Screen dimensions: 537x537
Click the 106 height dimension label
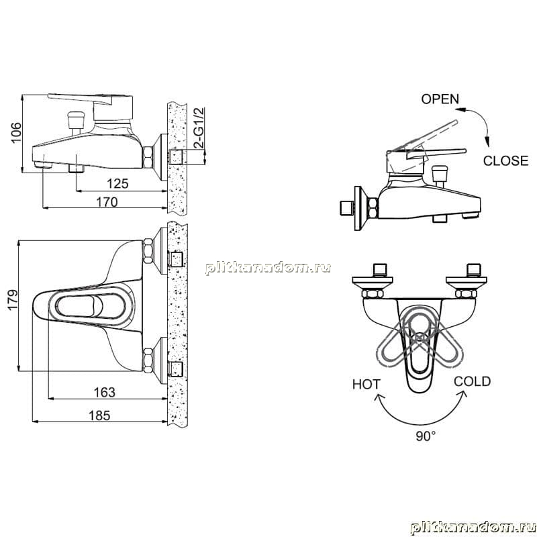(16, 132)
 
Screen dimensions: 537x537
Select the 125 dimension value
(117, 183)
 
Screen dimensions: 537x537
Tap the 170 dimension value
(107, 202)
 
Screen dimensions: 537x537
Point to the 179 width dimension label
(13, 300)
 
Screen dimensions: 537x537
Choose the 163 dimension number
(105, 392)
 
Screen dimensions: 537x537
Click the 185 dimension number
(99, 416)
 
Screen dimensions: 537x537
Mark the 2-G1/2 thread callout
(199, 128)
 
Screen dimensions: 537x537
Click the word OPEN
(440, 99)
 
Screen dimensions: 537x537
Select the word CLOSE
(505, 160)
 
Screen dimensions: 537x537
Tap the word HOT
(366, 384)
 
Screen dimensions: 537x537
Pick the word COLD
(472, 381)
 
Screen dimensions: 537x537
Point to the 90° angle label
(426, 436)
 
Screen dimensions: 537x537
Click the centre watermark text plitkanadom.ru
(268, 268)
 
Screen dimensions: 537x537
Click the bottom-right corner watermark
(473, 528)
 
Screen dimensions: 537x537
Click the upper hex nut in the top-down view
(148, 251)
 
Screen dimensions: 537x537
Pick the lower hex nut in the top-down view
(148, 360)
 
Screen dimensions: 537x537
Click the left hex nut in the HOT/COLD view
(373, 293)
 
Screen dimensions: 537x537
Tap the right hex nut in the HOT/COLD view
(466, 293)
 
